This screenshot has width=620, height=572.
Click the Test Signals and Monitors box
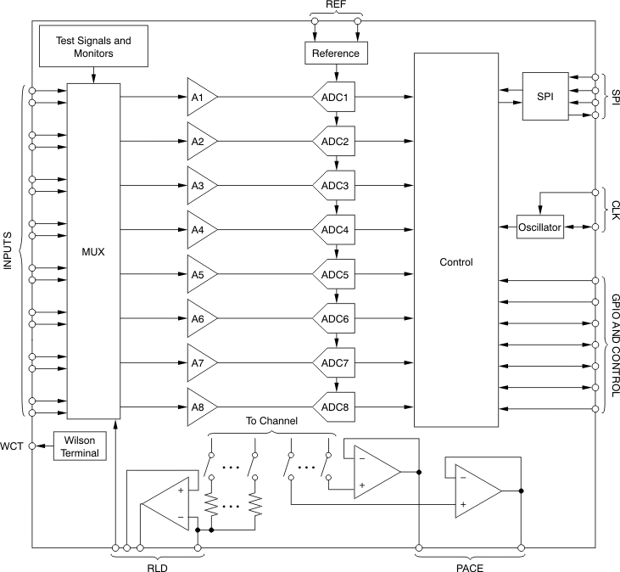94,47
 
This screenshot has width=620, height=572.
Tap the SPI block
545,97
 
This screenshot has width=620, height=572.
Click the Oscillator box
540,227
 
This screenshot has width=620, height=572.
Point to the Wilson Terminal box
78,446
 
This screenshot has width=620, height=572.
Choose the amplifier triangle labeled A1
201,97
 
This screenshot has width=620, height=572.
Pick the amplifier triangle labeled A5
201,274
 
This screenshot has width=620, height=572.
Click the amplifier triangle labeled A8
201,407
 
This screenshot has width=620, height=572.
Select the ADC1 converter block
335,97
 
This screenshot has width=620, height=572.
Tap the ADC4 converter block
335,230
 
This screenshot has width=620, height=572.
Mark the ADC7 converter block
335,363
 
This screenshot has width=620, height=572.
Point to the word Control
455,262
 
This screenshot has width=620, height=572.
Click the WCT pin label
13,446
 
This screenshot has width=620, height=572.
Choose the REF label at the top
337,5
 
